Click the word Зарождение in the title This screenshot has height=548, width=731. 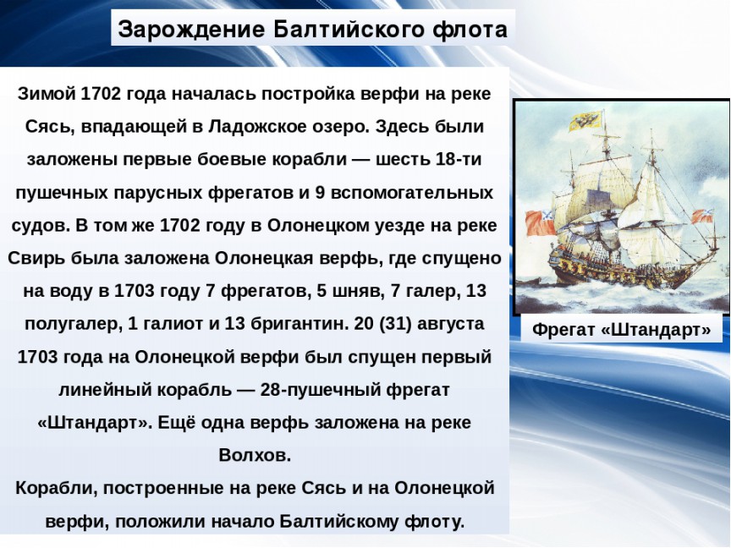click(x=191, y=30)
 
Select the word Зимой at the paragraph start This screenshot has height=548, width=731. click(x=47, y=94)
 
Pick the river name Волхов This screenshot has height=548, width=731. click(x=255, y=455)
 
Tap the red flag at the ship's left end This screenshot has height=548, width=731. click(x=541, y=222)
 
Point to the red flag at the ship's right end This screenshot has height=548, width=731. click(x=702, y=216)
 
